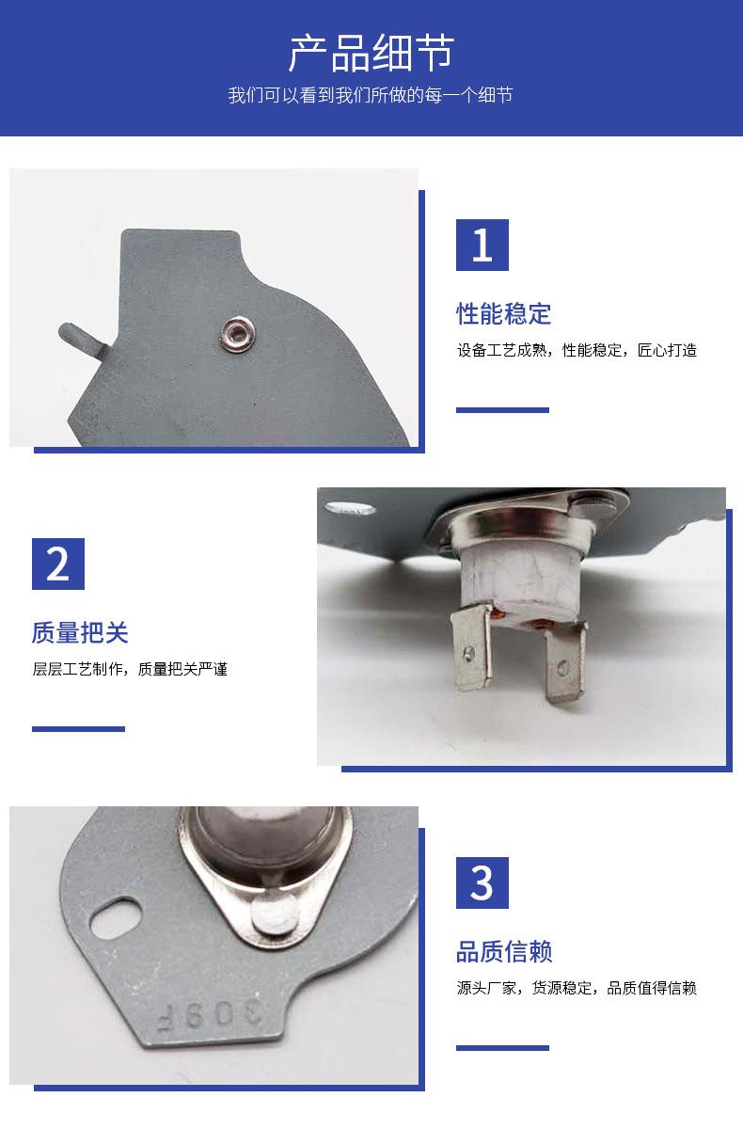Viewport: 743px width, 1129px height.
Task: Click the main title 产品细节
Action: [x=371, y=53]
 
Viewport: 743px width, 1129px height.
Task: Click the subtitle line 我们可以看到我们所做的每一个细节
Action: [x=371, y=95]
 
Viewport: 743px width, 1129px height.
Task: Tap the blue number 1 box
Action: [x=482, y=245]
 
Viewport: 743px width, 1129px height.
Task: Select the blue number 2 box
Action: [x=58, y=564]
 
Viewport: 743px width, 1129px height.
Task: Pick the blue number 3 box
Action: [x=482, y=883]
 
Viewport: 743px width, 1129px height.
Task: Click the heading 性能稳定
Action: [x=504, y=313]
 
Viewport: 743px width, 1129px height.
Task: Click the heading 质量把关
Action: [x=80, y=632]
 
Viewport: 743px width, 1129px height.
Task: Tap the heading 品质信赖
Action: [x=504, y=951]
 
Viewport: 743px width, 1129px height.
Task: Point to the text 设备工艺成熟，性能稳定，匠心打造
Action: [x=577, y=350]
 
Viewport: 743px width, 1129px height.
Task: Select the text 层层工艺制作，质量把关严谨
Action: [x=130, y=669]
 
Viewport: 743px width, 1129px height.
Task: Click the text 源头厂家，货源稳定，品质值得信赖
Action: [x=577, y=988]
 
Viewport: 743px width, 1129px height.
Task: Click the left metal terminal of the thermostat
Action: [x=471, y=647]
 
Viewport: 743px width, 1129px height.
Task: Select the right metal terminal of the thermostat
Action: [x=567, y=661]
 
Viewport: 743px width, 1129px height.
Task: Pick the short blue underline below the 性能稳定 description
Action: [x=502, y=410]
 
